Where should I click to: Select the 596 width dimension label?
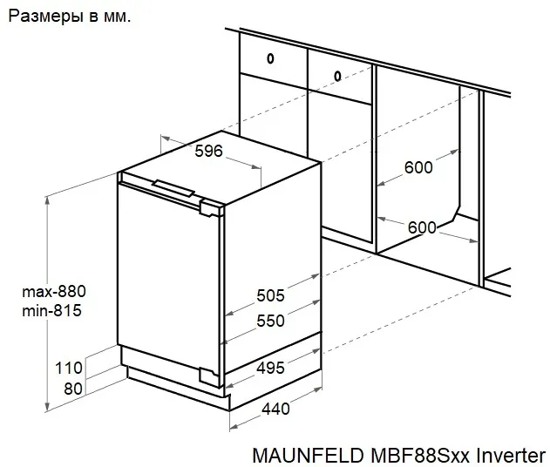tap(208, 151)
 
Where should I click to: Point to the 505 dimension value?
tap(270, 295)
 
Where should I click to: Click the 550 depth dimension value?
tap(270, 321)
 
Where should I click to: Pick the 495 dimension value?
tap(270, 368)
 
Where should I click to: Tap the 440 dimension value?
tap(275, 408)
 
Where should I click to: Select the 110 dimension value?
tap(67, 368)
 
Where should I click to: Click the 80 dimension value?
tap(73, 389)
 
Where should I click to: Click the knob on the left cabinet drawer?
tap(270, 59)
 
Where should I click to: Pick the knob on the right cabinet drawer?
tap(337, 75)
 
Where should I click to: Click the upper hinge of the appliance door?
tap(210, 207)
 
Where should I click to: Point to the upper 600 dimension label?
tap(418, 166)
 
